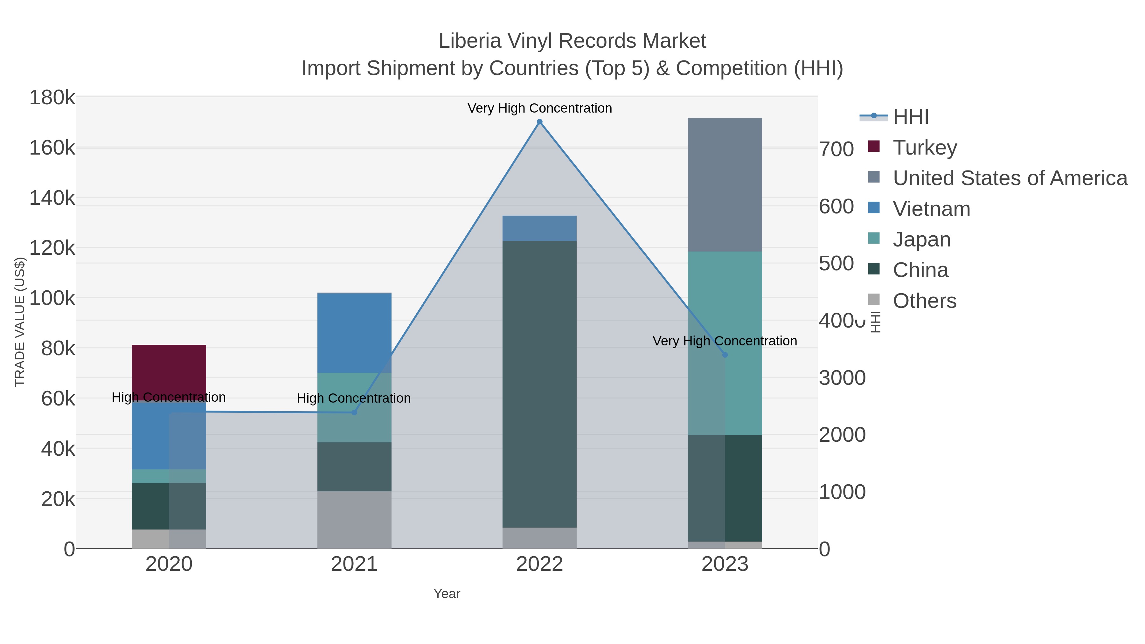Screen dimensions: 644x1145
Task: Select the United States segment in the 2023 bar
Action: (x=725, y=184)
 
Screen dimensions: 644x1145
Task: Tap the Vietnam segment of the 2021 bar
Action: (x=354, y=332)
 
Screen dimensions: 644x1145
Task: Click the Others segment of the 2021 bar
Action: (x=354, y=520)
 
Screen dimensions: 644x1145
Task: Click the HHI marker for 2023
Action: (x=725, y=355)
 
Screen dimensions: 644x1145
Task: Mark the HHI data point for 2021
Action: (x=354, y=412)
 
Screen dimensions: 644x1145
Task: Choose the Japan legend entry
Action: (x=921, y=239)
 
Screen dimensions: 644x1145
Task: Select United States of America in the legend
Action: (x=1010, y=178)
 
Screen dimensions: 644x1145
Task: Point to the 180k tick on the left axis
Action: (x=52, y=98)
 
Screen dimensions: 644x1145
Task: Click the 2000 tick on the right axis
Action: (x=842, y=435)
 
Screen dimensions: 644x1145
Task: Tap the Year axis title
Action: (x=447, y=594)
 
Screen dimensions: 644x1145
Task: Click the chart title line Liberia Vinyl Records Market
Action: (x=572, y=41)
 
